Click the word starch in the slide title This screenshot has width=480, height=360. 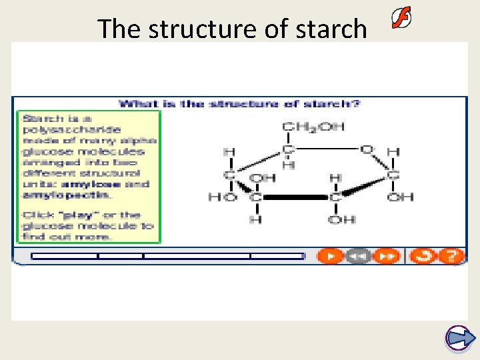coord(331,29)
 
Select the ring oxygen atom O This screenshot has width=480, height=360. coord(366,149)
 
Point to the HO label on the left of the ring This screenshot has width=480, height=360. coord(221,197)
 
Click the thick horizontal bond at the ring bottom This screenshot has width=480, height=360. coord(296,198)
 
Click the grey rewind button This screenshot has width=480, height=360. coord(359,256)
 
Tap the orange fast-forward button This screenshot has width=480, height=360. coord(386,256)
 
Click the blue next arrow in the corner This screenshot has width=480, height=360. coord(458,339)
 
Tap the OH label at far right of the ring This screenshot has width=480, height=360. coord(400,197)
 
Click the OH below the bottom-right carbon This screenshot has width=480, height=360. coord(337,220)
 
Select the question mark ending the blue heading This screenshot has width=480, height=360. coord(358,104)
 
